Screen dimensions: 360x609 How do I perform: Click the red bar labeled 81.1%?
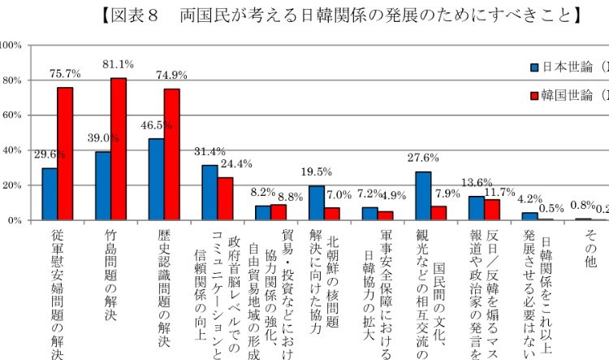pyautogui.click(x=119, y=149)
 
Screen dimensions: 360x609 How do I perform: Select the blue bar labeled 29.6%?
pyautogui.click(x=50, y=194)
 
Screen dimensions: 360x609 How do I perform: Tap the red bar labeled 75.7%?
pyautogui.click(x=65, y=154)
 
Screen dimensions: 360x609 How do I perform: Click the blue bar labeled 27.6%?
pyautogui.click(x=423, y=196)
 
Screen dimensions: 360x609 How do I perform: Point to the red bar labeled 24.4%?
pyautogui.click(x=225, y=199)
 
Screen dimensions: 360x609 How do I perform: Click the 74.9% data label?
pyautogui.click(x=171, y=76)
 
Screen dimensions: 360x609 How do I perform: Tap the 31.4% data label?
pyautogui.click(x=209, y=152)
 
